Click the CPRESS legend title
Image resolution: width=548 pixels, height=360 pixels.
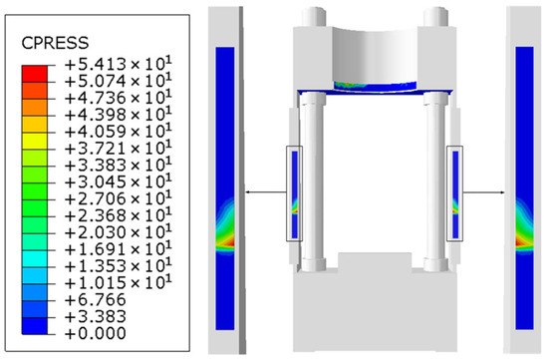click(55, 43)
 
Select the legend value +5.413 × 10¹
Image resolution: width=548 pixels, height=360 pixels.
click(119, 65)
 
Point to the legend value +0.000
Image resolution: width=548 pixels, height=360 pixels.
click(96, 333)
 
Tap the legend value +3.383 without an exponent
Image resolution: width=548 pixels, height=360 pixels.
click(96, 316)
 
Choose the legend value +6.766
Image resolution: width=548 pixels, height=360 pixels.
click(96, 299)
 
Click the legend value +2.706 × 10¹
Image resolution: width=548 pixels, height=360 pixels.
click(119, 198)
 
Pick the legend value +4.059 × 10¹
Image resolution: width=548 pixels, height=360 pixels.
click(119, 132)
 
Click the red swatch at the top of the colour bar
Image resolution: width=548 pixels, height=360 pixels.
click(34, 74)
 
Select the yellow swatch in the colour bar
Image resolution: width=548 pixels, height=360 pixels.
click(34, 141)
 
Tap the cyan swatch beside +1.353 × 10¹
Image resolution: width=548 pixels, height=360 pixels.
click(34, 259)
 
